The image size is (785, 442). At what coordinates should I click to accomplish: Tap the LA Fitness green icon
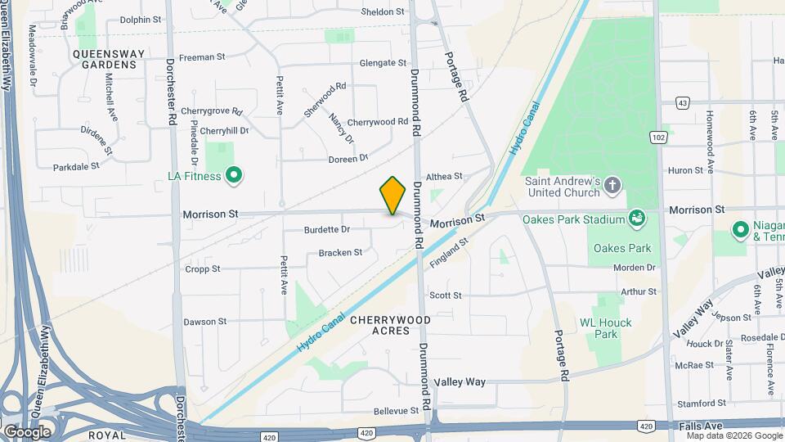[x=234, y=175]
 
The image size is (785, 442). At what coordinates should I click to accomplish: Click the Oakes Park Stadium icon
[x=637, y=218]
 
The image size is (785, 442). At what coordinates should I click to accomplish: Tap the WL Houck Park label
[x=605, y=328]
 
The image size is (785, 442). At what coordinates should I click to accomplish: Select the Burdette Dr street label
[x=326, y=229]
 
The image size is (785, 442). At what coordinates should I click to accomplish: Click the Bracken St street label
[x=340, y=253]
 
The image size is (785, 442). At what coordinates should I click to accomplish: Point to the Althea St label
[x=445, y=176]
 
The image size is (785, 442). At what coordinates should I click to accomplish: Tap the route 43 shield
[x=682, y=103]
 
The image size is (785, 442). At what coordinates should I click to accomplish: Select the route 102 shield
[x=659, y=138]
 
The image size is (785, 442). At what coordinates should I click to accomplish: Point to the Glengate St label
[x=383, y=63]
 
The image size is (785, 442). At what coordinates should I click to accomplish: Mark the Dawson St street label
[x=204, y=322]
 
